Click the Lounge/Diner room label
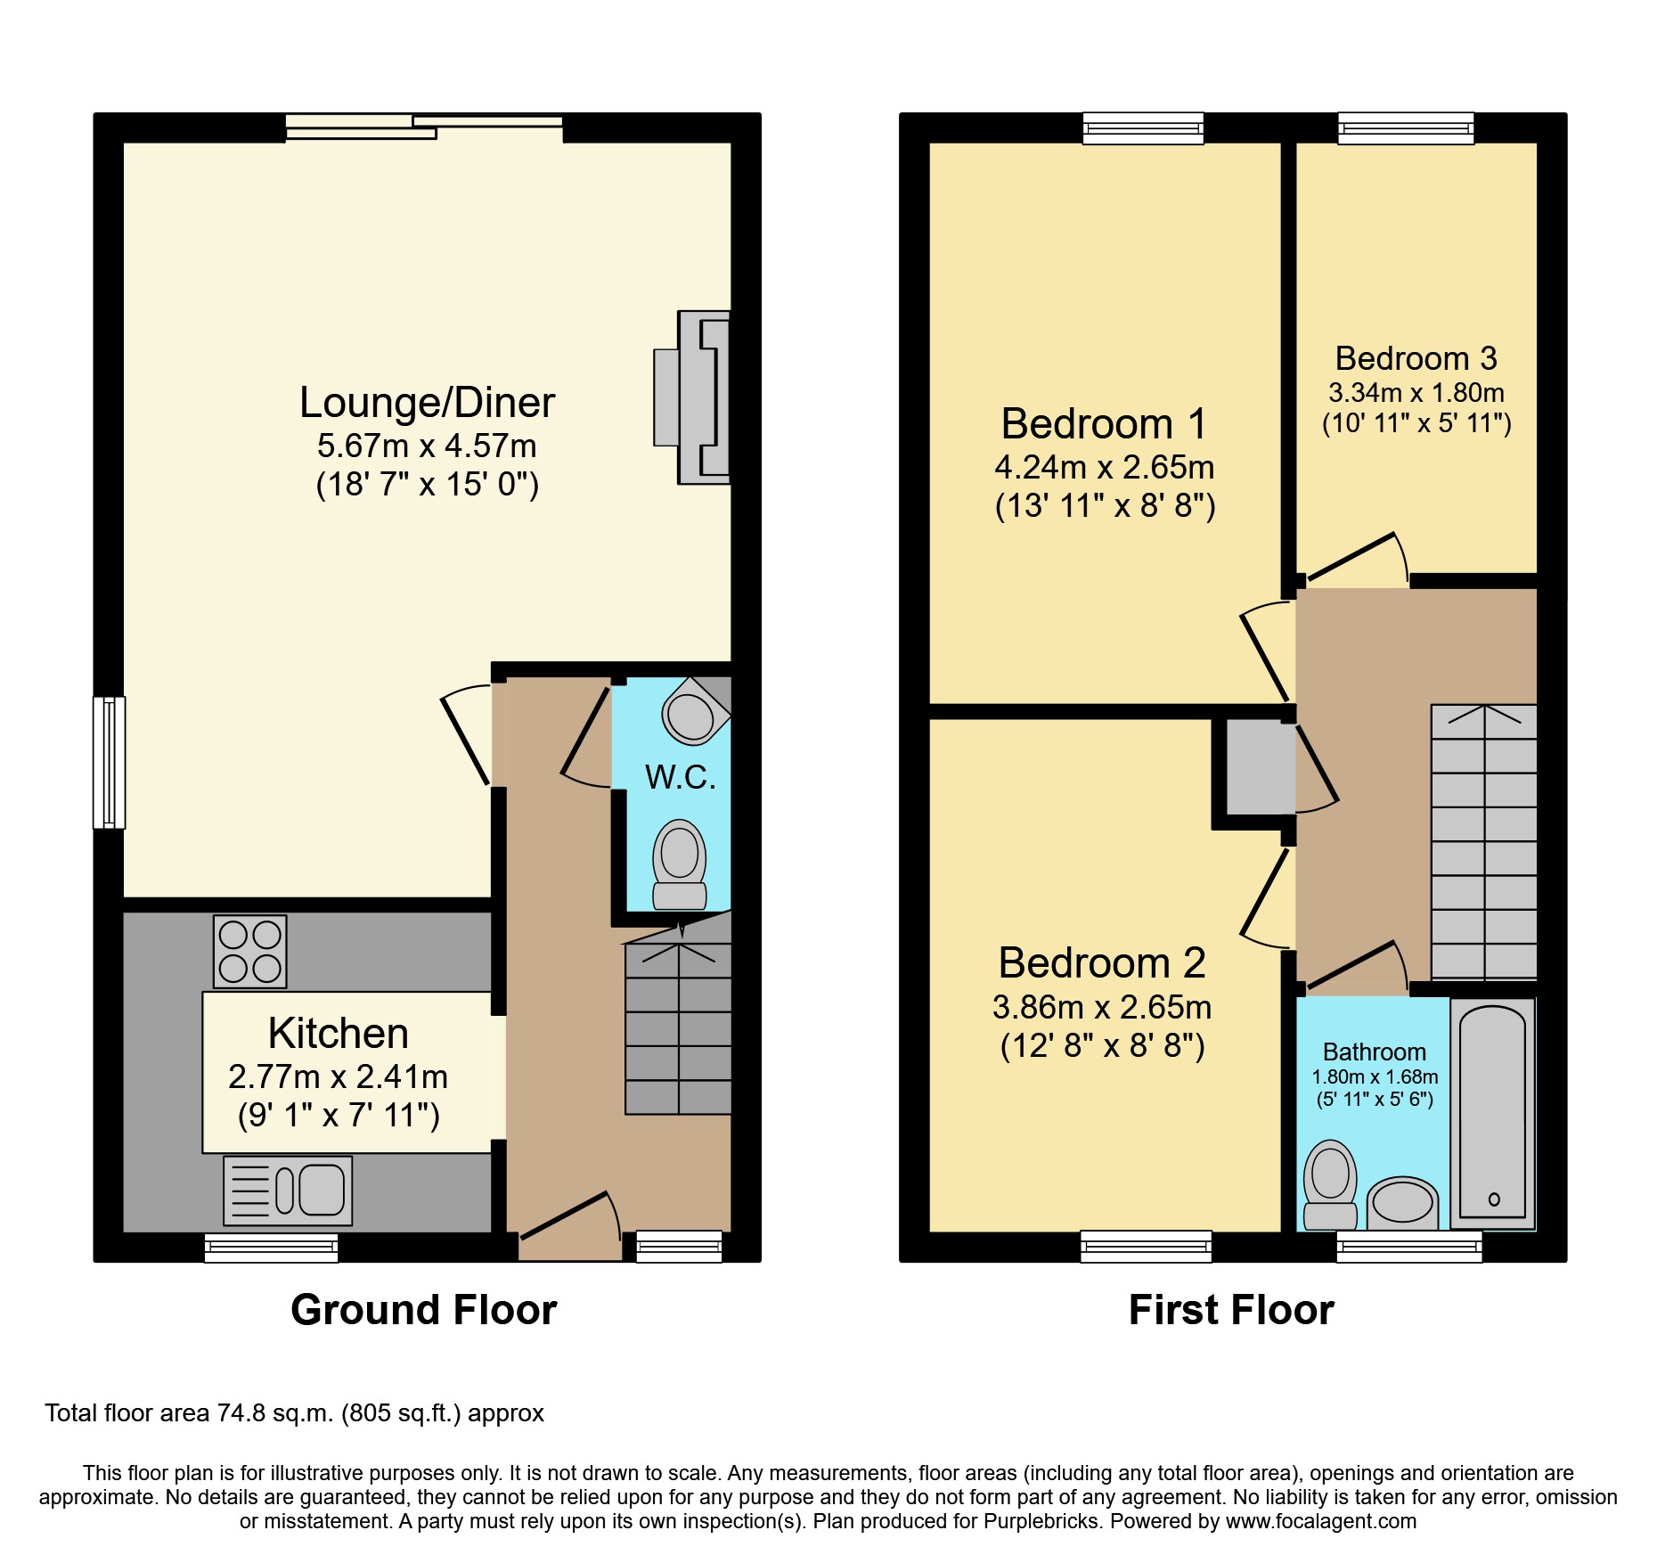(427, 403)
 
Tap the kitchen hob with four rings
(250, 952)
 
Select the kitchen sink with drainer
(288, 1191)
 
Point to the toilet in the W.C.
(680, 864)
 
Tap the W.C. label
(681, 778)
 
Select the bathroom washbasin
(1402, 1204)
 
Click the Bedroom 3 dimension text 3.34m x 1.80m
(1416, 393)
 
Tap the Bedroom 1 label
(1104, 424)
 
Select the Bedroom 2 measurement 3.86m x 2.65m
(1102, 1008)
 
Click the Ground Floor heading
(424, 1311)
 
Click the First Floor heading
(1231, 1311)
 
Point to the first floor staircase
(1484, 843)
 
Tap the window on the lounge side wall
(110, 763)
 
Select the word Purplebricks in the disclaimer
(1041, 1521)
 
